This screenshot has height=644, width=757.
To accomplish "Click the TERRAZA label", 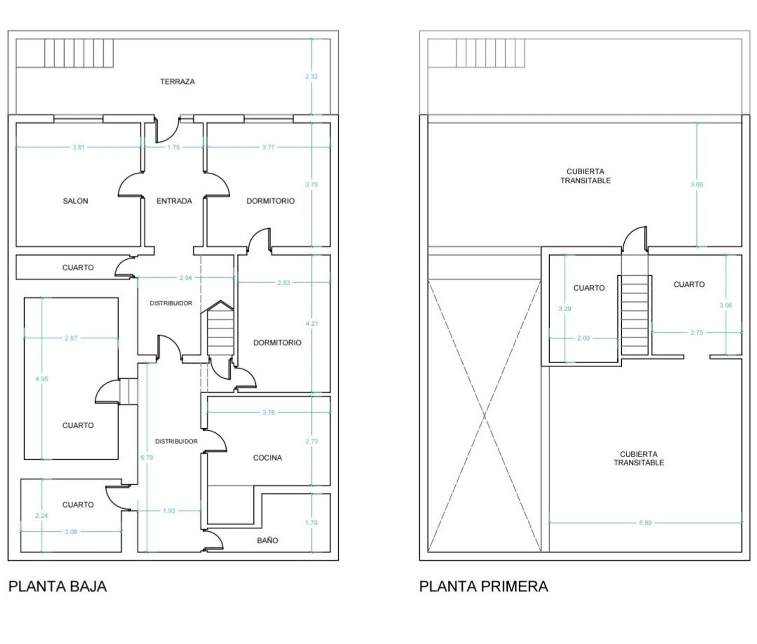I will pyautogui.click(x=177, y=81).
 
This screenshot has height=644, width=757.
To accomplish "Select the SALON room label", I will pyautogui.click(x=75, y=201).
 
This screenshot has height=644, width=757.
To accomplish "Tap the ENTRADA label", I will pyautogui.click(x=174, y=201).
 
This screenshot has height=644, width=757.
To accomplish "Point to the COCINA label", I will pyautogui.click(x=267, y=458).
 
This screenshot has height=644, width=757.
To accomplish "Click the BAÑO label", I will pyautogui.click(x=267, y=540).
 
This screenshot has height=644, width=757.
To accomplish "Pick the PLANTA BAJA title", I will pyautogui.click(x=58, y=586).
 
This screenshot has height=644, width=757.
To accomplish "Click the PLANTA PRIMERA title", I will pyautogui.click(x=483, y=586).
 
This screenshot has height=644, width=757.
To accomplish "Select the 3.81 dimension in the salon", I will pyautogui.click(x=78, y=147).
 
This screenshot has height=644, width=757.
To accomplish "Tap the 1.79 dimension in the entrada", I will pyautogui.click(x=173, y=147).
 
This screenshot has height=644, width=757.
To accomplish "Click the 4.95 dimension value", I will pyautogui.click(x=42, y=379).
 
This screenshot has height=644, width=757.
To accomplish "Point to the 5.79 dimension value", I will pyautogui.click(x=147, y=458).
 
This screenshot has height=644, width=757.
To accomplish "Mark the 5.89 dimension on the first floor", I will pyautogui.click(x=645, y=523).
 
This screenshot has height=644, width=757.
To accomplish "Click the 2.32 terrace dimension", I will pyautogui.click(x=311, y=77).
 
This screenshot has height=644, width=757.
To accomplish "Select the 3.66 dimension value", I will pyautogui.click(x=696, y=184).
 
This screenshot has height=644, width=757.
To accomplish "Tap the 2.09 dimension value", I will pyautogui.click(x=583, y=338).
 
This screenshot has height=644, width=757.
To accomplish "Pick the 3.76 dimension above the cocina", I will pyautogui.click(x=268, y=413).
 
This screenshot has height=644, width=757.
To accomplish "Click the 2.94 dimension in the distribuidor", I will pyautogui.click(x=185, y=278).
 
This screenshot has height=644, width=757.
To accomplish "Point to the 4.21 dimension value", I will pyautogui.click(x=312, y=323).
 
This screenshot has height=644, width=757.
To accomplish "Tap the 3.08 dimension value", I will pyautogui.click(x=71, y=531).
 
